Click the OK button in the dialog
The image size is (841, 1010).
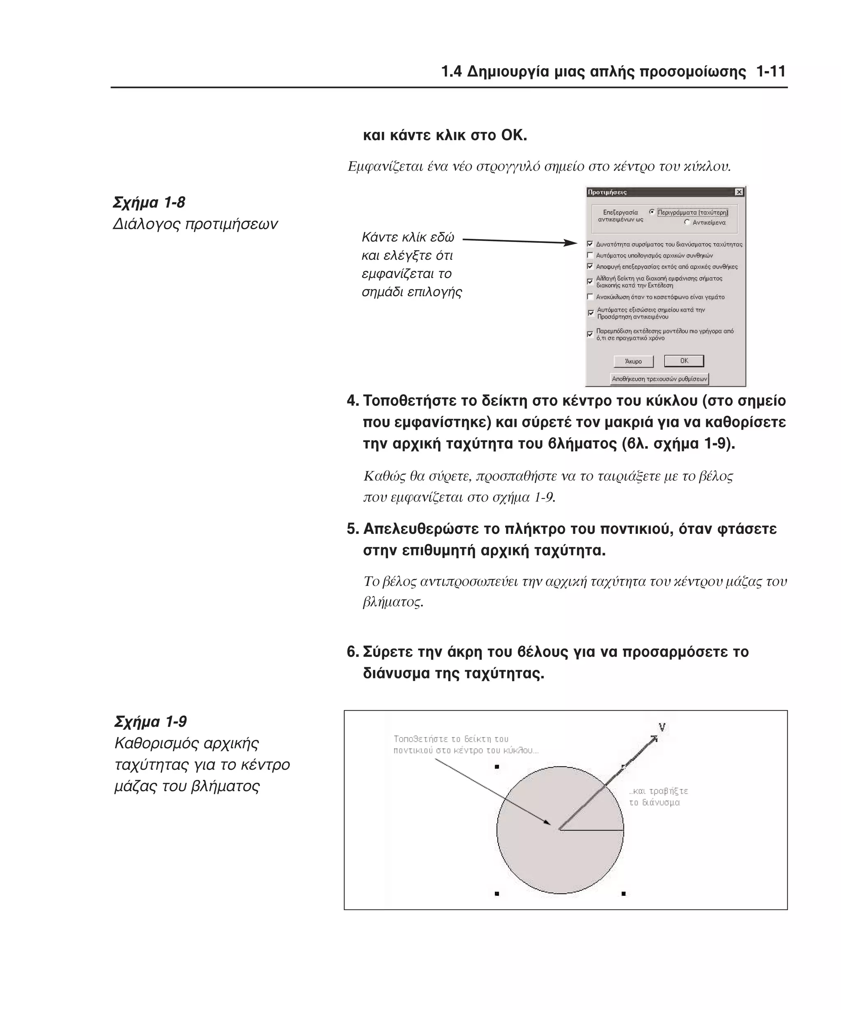pos(683,361)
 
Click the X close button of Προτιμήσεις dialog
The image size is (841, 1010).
pos(739,192)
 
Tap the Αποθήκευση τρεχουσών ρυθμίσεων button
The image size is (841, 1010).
pos(659,379)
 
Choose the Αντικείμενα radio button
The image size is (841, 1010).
pos(687,223)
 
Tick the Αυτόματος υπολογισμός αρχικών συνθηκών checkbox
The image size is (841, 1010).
pos(590,256)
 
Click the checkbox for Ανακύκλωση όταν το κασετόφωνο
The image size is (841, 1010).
pos(590,297)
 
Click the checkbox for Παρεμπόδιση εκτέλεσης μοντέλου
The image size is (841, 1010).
pos(590,334)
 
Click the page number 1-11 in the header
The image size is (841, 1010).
pos(770,71)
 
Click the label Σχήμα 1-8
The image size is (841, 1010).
pos(149,203)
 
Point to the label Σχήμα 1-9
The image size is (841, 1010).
pos(150,722)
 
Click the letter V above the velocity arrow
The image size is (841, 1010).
pos(662,727)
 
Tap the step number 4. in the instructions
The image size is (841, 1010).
pos(353,401)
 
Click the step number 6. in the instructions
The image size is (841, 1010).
pos(353,652)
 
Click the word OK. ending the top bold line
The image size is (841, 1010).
pos(514,136)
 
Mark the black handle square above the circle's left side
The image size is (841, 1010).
pos(497,767)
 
